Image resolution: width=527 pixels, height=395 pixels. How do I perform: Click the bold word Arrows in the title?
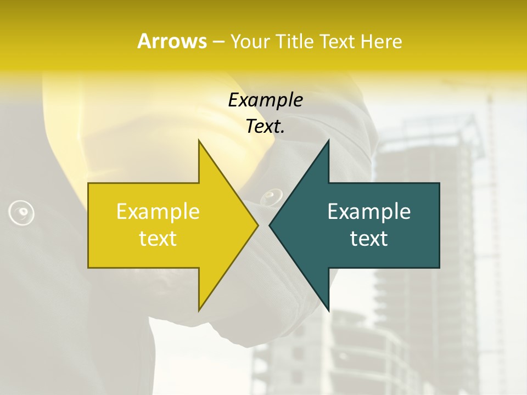[172, 41]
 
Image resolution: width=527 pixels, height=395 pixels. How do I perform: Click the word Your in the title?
[250, 41]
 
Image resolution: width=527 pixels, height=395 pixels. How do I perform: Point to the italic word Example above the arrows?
[265, 100]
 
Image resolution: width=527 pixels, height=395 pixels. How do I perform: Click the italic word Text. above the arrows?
[265, 127]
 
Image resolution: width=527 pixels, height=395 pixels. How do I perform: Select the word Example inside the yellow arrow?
[158, 211]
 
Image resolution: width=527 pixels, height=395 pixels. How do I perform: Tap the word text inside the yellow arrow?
[158, 239]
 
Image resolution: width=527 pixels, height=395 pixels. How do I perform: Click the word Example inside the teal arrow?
[369, 211]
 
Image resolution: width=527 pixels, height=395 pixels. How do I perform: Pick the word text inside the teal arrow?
[369, 239]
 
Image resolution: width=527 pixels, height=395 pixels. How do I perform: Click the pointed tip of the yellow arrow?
[257, 225]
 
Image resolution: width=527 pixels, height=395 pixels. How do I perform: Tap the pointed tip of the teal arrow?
[270, 225]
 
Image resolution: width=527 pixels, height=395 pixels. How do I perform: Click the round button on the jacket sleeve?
[272, 196]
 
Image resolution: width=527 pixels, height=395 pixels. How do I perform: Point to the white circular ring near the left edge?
[21, 212]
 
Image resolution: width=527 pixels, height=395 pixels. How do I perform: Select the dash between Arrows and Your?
[218, 42]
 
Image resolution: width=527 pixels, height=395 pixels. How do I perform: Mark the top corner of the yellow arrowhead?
[199, 142]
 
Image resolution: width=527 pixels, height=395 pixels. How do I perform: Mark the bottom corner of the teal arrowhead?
[328, 309]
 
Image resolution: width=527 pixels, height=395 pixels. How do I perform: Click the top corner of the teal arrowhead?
[328, 142]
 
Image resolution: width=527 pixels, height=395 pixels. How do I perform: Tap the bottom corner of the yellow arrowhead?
[199, 309]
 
